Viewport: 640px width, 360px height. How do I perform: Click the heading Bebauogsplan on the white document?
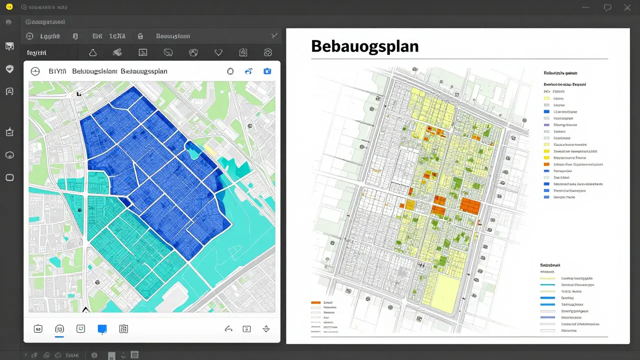click(364, 46)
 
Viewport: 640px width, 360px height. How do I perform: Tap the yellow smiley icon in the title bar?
click(8, 6)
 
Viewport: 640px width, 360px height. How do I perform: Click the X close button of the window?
click(627, 7)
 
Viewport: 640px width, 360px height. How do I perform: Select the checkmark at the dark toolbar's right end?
click(274, 35)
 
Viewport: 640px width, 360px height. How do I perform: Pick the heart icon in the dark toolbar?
click(218, 52)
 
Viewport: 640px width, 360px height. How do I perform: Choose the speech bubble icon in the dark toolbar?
click(168, 52)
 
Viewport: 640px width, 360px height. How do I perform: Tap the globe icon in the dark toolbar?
click(193, 52)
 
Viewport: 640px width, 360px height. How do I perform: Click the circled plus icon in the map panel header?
click(35, 71)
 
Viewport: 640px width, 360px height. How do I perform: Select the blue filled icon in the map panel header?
click(267, 71)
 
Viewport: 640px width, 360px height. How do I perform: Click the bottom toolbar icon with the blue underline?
click(59, 328)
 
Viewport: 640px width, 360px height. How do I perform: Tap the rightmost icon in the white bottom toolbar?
click(266, 328)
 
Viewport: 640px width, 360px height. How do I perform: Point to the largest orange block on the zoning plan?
click(469, 205)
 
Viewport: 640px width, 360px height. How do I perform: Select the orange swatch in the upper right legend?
click(546, 164)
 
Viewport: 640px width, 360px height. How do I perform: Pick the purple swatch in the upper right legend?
click(546, 125)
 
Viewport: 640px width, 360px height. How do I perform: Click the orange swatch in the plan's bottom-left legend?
click(315, 302)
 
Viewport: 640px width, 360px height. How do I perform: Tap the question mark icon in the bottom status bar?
click(93, 355)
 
